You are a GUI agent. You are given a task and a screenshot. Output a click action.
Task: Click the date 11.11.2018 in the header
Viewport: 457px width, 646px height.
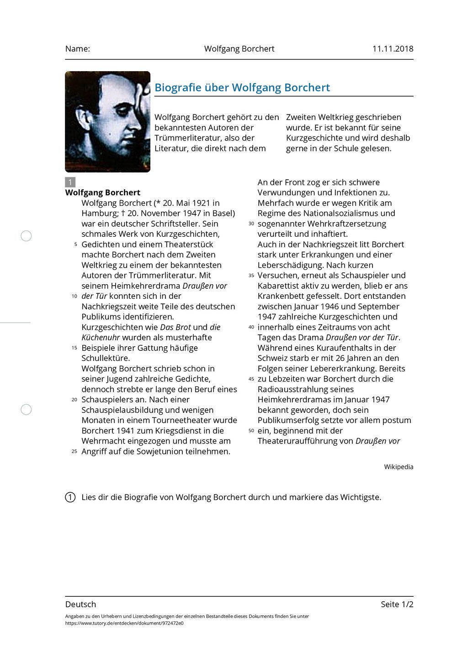[x=393, y=49]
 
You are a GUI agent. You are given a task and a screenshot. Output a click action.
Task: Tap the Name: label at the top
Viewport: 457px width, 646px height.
[x=78, y=49]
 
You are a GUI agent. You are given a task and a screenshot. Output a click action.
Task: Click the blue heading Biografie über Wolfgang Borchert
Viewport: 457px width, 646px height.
[x=242, y=88]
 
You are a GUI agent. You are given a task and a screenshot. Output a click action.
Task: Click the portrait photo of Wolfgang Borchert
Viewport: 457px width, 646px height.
[x=108, y=121]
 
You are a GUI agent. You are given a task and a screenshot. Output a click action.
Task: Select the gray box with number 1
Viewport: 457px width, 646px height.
[x=70, y=182]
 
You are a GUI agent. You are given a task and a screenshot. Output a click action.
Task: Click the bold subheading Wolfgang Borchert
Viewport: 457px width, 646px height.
[x=103, y=193]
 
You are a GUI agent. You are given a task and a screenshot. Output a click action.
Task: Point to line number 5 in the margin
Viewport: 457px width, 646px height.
[x=75, y=245]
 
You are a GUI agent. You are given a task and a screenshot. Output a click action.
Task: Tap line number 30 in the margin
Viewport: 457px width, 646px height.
[x=251, y=224]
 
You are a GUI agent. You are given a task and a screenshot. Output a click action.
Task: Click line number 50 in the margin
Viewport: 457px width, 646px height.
[x=251, y=431]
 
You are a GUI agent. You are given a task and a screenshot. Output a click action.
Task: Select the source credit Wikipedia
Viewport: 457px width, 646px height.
[x=399, y=467]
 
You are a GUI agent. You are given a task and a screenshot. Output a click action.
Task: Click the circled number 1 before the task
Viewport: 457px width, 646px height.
[x=70, y=497]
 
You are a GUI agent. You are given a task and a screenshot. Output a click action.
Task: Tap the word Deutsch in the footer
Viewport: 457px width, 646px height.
[x=81, y=604]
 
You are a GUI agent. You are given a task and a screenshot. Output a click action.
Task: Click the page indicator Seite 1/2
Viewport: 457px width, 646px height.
[x=397, y=604]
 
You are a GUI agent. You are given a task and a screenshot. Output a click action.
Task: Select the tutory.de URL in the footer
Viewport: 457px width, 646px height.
[x=124, y=623]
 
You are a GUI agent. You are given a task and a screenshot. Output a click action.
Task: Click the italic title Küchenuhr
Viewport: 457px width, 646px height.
[x=101, y=338]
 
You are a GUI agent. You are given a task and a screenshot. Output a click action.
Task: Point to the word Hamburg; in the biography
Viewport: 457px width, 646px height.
[x=101, y=213]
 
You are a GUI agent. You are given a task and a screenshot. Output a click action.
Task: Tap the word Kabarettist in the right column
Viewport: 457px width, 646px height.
[x=280, y=286]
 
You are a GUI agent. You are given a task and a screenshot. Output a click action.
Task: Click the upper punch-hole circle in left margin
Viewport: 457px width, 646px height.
[x=27, y=236]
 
